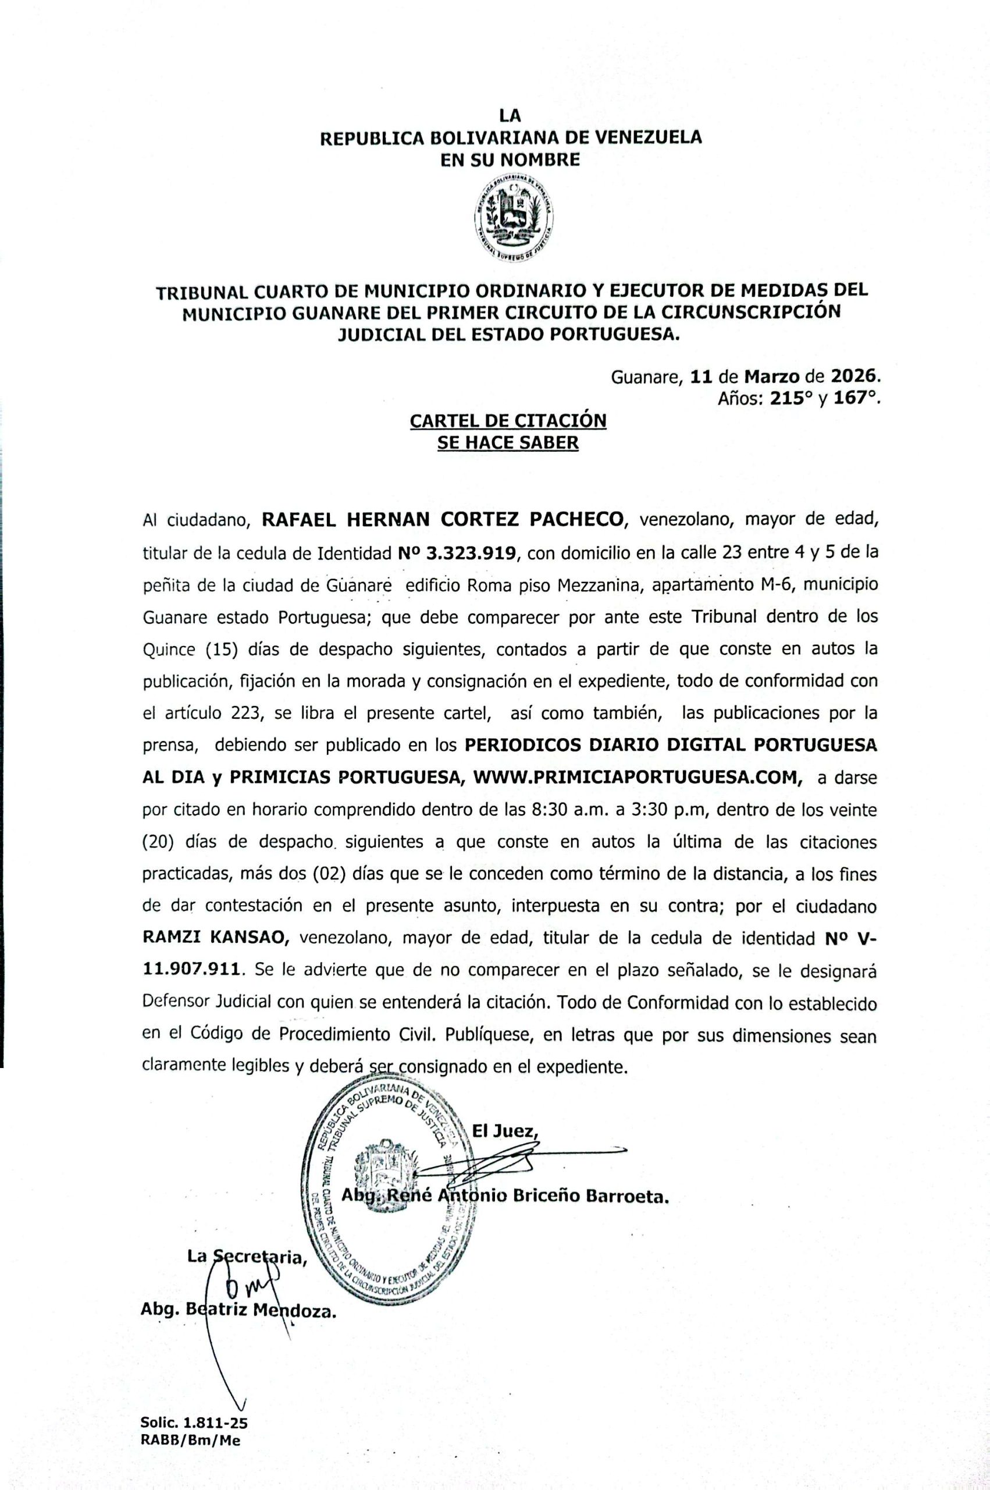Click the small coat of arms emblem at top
[x=515, y=218]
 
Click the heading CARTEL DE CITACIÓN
[x=508, y=420]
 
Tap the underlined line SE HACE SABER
[x=508, y=443]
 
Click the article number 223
[x=244, y=714]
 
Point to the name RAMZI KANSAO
[x=216, y=938]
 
